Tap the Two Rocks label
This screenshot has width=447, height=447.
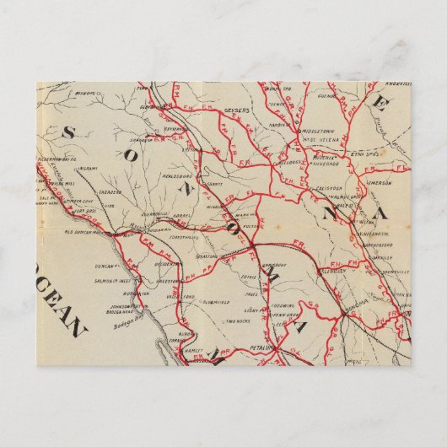(x=238, y=321)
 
